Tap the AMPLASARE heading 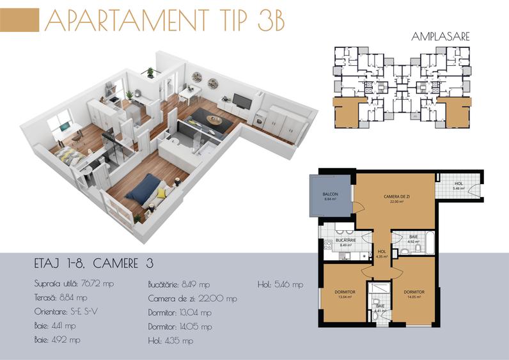[x=442, y=36]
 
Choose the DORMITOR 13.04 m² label [x=344, y=294]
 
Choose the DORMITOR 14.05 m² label [x=413, y=294]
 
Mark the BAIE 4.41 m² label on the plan [x=380, y=309]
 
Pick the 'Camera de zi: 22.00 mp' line [x=192, y=298]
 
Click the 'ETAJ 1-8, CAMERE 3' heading [x=93, y=263]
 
